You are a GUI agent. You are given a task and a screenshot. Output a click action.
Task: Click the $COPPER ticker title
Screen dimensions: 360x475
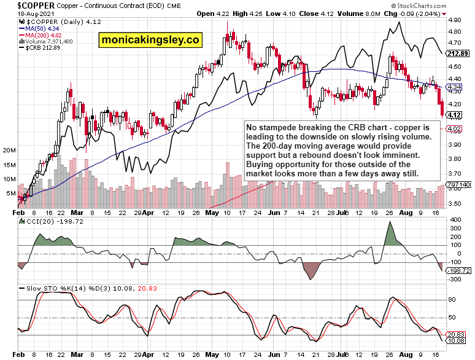22,4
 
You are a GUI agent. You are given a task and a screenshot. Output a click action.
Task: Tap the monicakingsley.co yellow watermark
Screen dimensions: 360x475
150,41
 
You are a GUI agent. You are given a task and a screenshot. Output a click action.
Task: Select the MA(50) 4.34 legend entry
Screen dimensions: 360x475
41,28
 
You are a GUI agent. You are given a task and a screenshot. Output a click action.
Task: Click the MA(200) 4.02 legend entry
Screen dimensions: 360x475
42,34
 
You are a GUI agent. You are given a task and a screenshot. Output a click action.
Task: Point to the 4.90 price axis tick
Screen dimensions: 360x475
455,20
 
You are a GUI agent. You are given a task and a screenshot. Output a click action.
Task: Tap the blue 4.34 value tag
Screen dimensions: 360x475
455,87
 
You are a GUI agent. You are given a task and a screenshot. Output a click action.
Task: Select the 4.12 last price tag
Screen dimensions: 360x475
455,115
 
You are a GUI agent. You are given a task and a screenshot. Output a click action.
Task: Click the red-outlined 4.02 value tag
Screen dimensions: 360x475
455,128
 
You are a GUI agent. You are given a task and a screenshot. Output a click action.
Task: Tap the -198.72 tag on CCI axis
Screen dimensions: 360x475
459,270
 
